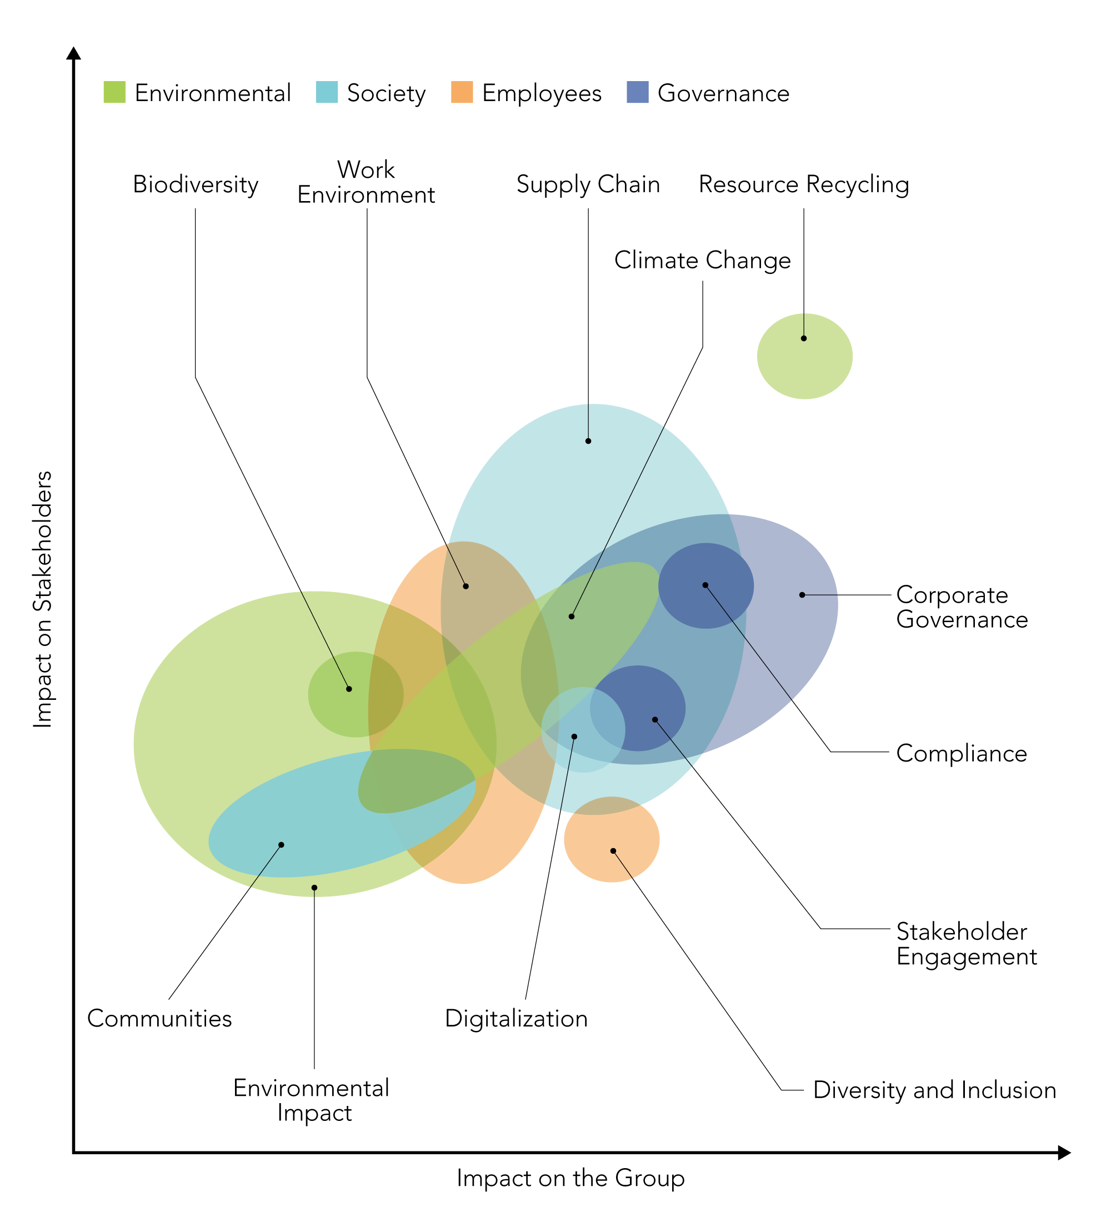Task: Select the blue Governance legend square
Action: point(638,92)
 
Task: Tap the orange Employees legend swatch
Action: point(462,92)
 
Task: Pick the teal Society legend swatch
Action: point(327,92)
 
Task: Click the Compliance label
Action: point(961,754)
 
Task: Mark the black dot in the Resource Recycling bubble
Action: point(804,339)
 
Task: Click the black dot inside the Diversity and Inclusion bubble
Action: point(613,851)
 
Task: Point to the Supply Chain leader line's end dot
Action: point(588,441)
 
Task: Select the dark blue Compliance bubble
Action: point(706,586)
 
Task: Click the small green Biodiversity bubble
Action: point(356,695)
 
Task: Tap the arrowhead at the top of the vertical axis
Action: point(74,53)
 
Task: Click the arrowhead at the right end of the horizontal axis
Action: point(1064,1153)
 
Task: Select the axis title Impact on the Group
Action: point(570,1178)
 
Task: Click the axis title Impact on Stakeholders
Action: point(42,599)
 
